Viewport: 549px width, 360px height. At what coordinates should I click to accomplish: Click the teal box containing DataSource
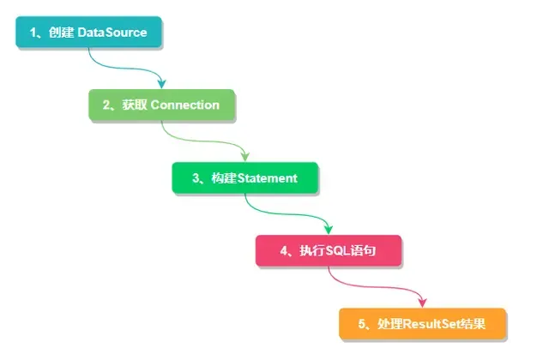[88, 33]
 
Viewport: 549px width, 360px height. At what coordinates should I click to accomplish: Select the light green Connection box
[161, 105]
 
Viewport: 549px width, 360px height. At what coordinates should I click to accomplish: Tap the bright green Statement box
[244, 178]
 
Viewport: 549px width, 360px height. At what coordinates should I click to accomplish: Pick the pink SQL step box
[329, 251]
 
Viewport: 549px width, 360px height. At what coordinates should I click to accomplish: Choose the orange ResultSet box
[423, 323]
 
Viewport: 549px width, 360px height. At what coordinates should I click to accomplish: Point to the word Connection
[185, 105]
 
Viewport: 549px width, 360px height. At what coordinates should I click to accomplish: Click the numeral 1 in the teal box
[33, 33]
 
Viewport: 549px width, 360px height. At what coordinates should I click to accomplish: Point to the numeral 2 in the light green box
[106, 105]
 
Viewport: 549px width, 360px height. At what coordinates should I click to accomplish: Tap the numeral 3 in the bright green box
[194, 178]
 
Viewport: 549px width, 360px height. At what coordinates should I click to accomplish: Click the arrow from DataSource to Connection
[129, 69]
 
